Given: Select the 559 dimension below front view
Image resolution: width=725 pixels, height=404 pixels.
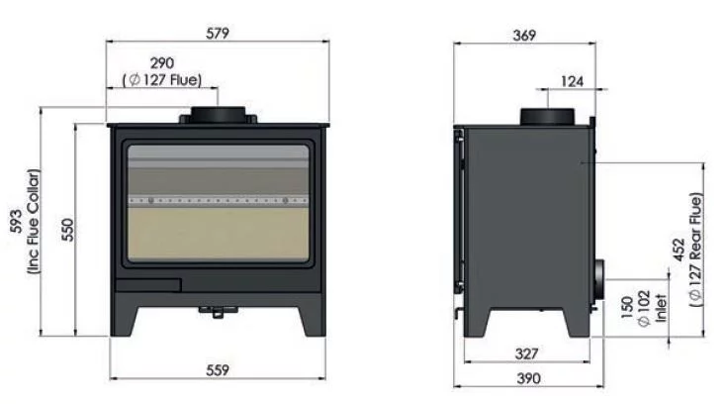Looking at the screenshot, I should coord(219,370).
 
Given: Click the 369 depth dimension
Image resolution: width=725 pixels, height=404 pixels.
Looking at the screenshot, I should coord(524,35).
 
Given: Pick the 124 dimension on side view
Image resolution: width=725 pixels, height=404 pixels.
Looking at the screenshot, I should coord(573,80).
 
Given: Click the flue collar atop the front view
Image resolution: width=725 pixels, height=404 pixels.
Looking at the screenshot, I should coord(218,114).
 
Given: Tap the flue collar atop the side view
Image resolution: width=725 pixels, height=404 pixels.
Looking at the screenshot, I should coord(547,116).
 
